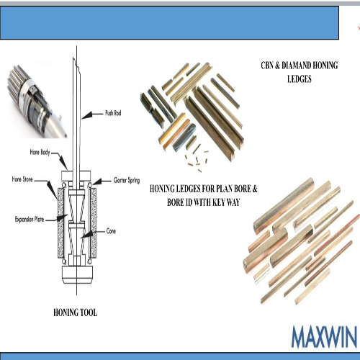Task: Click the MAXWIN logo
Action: click(324, 337)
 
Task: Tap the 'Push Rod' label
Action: click(113, 113)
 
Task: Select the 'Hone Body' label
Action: click(40, 152)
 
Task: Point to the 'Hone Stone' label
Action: click(22, 179)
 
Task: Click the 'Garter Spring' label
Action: click(127, 180)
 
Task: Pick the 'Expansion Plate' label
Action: click(30, 219)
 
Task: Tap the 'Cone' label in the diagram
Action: click(111, 231)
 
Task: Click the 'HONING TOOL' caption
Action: click(76, 312)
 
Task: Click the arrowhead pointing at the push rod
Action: click(87, 115)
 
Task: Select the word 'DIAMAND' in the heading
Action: click(296, 66)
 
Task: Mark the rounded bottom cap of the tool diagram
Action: click(77, 275)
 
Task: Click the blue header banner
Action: click(169, 23)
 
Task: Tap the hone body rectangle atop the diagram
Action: click(76, 176)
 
